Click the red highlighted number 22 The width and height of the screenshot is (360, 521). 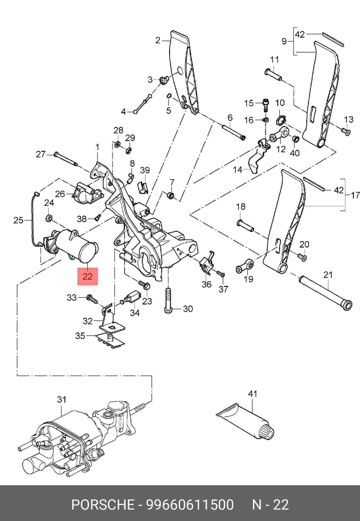coord(87,276)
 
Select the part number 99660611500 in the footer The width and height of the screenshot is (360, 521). coord(190,505)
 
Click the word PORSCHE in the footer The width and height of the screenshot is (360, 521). coord(103,505)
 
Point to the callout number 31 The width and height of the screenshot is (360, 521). coord(61,400)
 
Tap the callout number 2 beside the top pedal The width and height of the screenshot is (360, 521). coord(158,40)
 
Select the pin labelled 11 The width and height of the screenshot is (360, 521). coord(273,74)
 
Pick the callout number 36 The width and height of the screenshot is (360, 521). coord(206,284)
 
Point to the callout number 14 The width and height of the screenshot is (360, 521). coord(237,170)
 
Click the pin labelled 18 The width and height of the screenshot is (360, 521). coord(246,225)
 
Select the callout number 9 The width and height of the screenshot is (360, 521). coord(284,41)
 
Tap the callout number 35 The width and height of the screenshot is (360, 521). coord(80,336)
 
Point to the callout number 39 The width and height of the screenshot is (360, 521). coord(145,170)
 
